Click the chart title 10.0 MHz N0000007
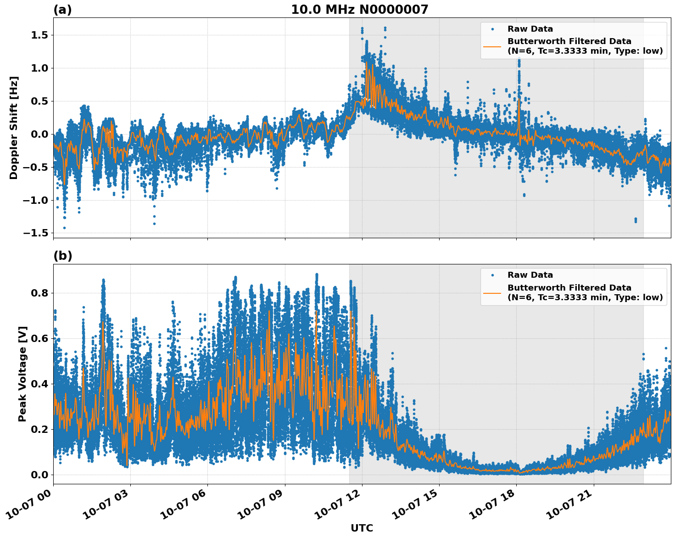tap(359, 10)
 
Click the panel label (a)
tap(62, 10)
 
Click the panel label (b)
tap(62, 256)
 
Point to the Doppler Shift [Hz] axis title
tap(14, 128)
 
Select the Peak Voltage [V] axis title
tap(22, 374)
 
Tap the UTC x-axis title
tap(362, 528)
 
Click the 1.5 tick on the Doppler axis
tap(41, 35)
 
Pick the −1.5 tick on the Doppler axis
tap(38, 233)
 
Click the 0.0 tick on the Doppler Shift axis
tap(41, 134)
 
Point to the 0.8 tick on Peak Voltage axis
tap(41, 293)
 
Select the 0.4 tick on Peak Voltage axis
tap(41, 384)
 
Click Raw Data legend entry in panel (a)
tap(530, 29)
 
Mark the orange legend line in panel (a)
tap(492, 46)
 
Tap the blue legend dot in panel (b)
tap(492, 275)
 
